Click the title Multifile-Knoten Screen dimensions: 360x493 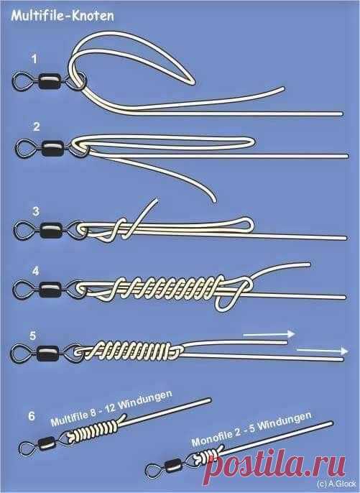63,16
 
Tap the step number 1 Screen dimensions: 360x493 34,59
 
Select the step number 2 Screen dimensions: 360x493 37,126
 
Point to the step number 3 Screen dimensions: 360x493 36,211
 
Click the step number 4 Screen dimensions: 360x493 36,271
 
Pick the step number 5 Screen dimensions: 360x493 33,336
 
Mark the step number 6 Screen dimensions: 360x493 32,416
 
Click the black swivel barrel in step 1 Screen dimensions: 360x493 50,82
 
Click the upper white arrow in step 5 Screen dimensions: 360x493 269,334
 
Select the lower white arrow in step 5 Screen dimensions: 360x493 322,351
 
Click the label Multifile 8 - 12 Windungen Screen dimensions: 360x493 111,408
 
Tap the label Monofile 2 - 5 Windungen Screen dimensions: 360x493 251,429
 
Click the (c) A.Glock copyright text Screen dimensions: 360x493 337,484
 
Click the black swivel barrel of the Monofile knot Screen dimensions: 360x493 172,466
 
